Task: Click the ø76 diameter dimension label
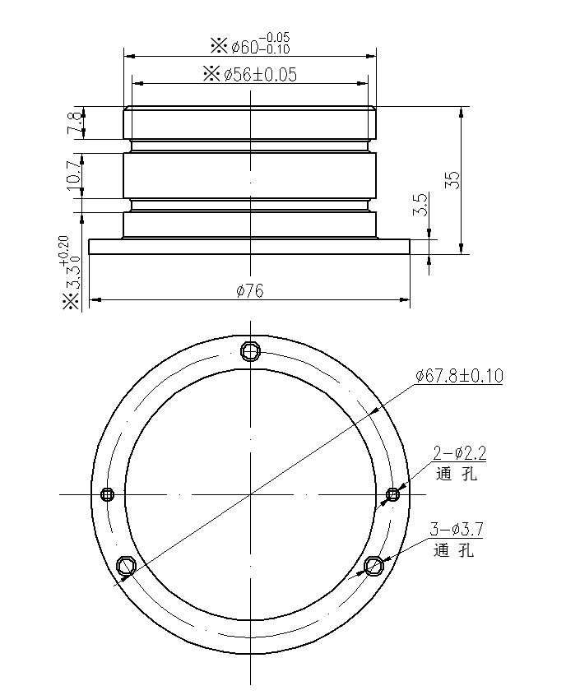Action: (248, 292)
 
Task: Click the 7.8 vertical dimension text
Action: (74, 123)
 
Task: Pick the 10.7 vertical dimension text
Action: (74, 176)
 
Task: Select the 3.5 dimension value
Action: (420, 204)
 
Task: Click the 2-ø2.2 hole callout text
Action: (460, 452)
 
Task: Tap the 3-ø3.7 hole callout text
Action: (456, 530)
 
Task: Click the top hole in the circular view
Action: (250, 352)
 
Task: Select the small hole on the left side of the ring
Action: (106, 493)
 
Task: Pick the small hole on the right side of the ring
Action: (393, 493)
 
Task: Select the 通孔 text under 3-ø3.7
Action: (454, 551)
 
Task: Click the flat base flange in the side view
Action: (248, 247)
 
